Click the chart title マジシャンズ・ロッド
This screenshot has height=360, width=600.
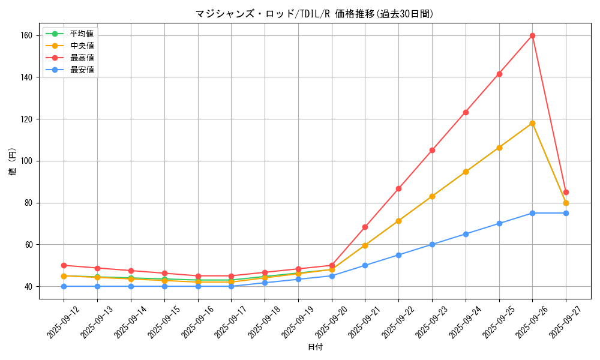314,14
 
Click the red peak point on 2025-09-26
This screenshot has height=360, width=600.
532,35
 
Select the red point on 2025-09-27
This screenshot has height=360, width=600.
566,192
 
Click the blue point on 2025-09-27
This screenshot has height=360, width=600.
566,213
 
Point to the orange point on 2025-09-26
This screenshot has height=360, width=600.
532,123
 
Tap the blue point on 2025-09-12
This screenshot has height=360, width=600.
64,286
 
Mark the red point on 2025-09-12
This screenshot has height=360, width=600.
64,265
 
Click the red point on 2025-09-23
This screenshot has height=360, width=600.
432,150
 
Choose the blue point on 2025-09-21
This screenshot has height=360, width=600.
365,265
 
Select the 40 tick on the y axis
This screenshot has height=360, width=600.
31,286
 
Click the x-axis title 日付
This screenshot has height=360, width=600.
315,347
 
